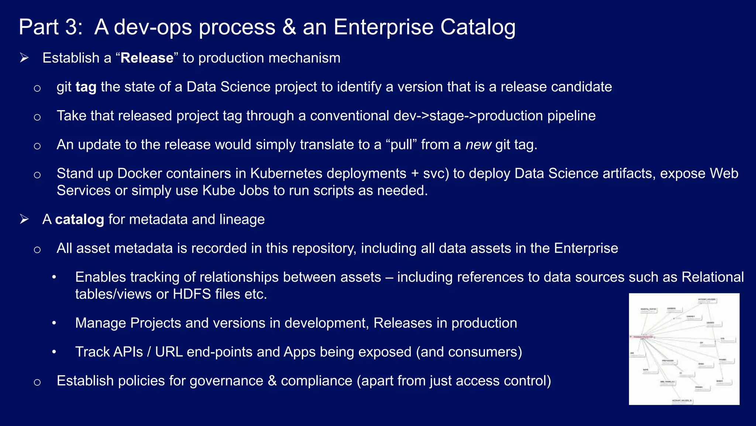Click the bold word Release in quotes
click(147, 58)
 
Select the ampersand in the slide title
click(289, 27)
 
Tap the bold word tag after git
click(86, 87)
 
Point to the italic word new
click(478, 145)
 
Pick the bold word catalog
click(79, 220)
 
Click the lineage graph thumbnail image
click(684, 349)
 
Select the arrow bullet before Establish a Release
click(24, 58)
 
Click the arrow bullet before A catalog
click(24, 220)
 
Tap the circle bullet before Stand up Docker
click(37, 175)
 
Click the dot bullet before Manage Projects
click(54, 323)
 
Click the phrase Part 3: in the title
click(51, 27)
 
